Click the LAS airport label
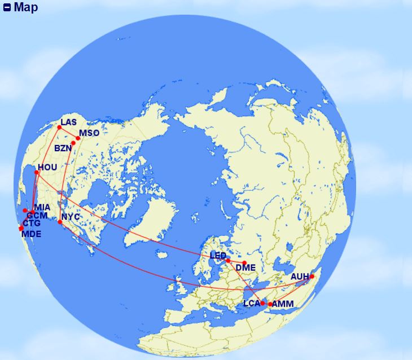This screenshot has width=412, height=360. tap(68, 122)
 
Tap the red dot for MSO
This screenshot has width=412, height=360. tap(78, 138)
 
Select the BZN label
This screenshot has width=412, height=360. tap(63, 148)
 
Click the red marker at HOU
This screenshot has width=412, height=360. tap(37, 172)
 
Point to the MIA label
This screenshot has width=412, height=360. tap(42, 208)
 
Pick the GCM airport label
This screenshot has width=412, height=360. tap(37, 216)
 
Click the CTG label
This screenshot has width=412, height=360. tap(32, 223)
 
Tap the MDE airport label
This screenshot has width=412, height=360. tap(32, 232)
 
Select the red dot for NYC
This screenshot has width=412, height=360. tap(60, 222)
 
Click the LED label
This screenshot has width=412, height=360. tap(218, 256)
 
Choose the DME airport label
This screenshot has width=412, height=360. tap(246, 267)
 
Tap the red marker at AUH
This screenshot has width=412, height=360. tap(312, 276)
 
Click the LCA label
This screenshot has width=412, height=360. tap(251, 304)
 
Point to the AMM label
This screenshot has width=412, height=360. tap(282, 304)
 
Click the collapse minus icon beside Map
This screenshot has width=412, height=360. tap(7, 8)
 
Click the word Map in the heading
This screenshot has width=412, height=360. tap(26, 8)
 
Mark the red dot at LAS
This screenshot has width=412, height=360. tap(59, 128)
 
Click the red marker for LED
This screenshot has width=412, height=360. tap(228, 261)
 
